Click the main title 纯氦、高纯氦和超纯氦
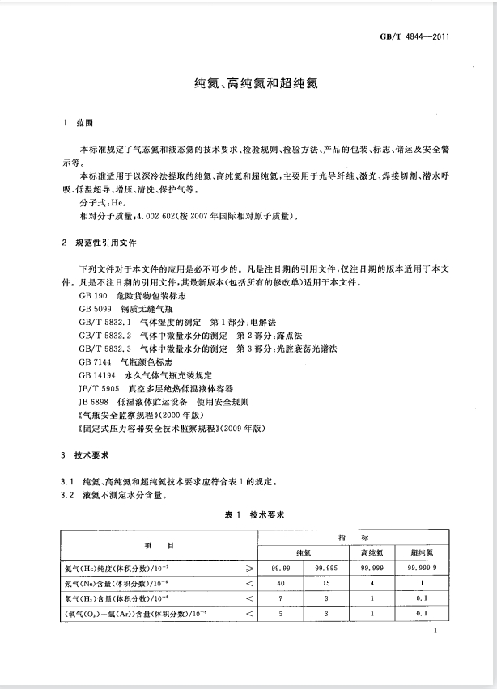248,82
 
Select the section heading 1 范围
79,124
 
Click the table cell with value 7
279,598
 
